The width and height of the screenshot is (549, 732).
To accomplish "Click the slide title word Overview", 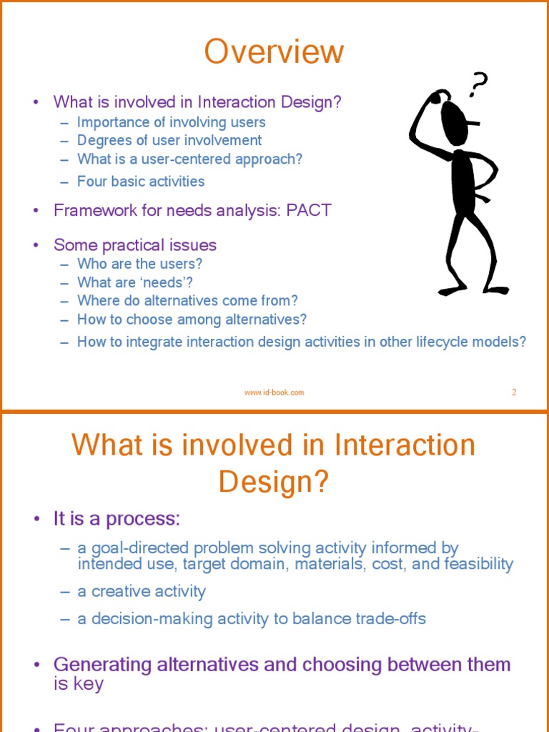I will point(274,52).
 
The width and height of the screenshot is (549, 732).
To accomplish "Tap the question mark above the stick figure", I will point(478,84).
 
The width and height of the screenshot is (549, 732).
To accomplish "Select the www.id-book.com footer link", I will point(274,392).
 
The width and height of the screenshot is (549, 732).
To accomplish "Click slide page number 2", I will point(514,392).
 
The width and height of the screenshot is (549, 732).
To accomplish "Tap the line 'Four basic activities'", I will point(141,182).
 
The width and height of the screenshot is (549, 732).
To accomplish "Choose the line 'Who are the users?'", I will point(140,264).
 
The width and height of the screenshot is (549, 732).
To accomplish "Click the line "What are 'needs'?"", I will point(135,282).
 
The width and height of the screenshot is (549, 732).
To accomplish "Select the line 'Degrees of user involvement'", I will point(169,141).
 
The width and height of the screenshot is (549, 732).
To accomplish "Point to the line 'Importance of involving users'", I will point(172,122).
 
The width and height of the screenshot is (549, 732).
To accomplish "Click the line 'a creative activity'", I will point(142,592).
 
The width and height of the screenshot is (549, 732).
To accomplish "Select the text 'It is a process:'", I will point(117,519).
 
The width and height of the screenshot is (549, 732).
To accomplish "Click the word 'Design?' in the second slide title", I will point(274,482).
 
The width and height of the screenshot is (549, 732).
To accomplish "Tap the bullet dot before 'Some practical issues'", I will point(36,246).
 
